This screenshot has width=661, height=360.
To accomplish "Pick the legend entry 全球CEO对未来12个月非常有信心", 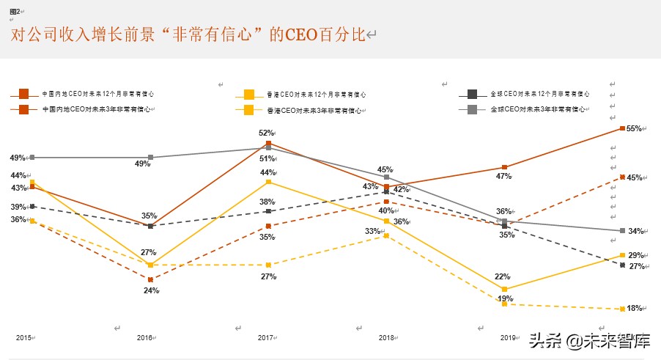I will pos(539,94).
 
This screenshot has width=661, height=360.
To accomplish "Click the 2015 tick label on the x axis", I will pos(24,337).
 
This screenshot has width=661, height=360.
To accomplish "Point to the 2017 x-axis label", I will pos(266,337).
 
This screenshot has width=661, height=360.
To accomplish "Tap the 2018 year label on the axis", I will pos(386,337).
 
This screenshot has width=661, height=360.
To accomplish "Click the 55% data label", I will pos(635,128).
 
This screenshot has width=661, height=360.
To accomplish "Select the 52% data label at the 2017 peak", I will pos(266,133).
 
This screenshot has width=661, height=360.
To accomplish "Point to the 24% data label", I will pos(150,290).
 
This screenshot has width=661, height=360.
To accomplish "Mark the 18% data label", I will pos(635,308).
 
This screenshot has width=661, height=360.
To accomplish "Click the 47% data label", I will pos(503,176).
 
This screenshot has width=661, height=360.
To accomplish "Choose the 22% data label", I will pos(502,276).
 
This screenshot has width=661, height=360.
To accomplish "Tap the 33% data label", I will pos(373,231).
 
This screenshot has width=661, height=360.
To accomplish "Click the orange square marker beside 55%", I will pos(622,128).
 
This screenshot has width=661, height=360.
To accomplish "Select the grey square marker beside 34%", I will pos(622,231).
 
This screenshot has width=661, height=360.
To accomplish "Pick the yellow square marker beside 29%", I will pos(622,255).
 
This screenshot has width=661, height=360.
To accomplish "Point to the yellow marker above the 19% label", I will pos(504,290).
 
